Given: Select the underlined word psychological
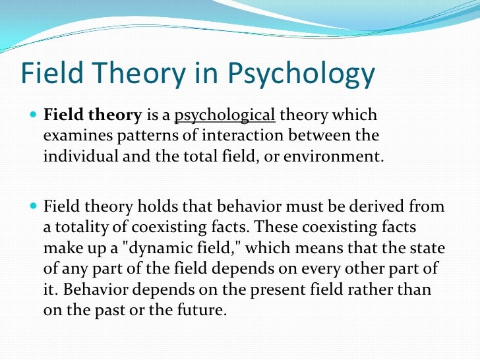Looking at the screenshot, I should click(x=224, y=116).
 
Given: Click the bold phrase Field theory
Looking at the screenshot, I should click(x=92, y=116).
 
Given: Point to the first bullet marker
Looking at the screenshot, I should click(x=34, y=116).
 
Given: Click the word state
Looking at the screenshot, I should click(x=427, y=249).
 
